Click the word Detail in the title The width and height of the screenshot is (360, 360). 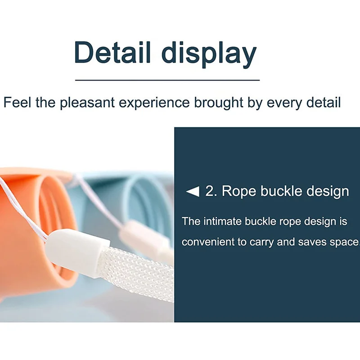point(112,52)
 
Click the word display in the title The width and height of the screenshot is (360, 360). point(209,54)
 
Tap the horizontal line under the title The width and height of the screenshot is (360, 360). point(167,80)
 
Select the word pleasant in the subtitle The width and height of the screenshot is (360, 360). point(87,103)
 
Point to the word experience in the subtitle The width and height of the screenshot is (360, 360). point(154,103)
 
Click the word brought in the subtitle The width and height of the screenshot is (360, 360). point(219,103)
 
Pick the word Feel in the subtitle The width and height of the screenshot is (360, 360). point(17,102)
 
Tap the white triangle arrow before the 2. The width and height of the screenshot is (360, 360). point(193,191)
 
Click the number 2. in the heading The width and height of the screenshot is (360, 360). point(211,191)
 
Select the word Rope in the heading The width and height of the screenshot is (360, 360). point(239,192)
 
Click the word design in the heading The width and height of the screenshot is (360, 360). point(328,192)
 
